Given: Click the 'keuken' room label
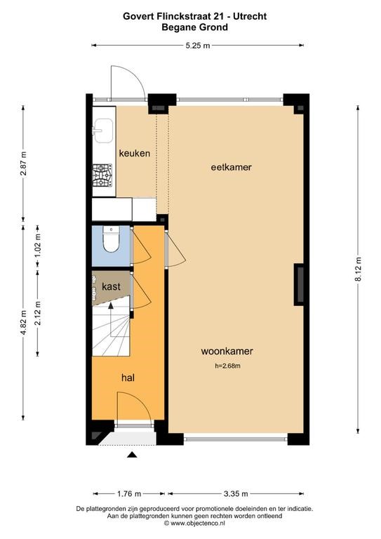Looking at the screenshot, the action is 135,153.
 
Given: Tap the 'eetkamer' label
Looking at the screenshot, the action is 232,168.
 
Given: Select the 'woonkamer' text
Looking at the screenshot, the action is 227,352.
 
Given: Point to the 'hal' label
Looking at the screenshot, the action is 128,378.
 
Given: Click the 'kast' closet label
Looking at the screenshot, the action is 111,286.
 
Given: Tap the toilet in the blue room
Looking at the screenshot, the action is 111,239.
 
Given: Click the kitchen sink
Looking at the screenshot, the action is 103,131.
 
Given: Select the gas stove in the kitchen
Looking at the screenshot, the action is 102,175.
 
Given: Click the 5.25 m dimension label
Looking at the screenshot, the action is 198,46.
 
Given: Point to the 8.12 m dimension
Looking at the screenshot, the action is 358,269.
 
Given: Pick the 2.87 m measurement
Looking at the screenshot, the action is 23,164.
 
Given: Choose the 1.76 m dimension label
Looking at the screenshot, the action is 129,494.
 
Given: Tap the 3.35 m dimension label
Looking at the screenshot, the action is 236,494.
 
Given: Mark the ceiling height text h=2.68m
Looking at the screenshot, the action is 227,366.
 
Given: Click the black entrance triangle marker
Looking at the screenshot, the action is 133,455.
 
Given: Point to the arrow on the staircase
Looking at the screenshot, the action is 111,320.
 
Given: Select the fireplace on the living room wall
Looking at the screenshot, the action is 298,285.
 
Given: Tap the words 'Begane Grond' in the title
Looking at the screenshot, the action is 195,27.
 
